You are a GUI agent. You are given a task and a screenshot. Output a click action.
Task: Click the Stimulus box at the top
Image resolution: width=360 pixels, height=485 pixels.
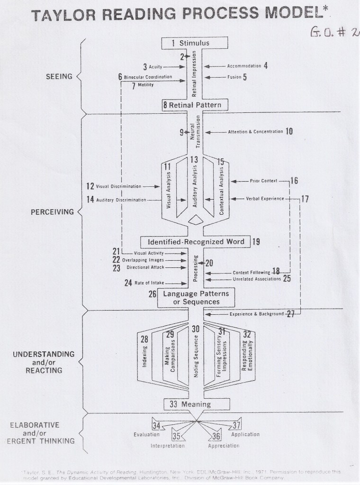(192, 43)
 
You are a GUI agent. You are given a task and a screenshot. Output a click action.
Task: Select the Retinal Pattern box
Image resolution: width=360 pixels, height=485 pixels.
(192, 105)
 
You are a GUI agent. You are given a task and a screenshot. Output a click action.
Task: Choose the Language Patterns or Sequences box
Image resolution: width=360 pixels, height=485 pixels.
(191, 298)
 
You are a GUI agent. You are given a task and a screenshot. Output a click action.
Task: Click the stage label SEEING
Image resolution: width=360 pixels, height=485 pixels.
(59, 76)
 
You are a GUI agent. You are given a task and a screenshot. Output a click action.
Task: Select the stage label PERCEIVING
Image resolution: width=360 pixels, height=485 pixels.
(53, 212)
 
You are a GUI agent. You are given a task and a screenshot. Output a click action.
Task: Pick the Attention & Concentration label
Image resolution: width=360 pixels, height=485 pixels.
(255, 131)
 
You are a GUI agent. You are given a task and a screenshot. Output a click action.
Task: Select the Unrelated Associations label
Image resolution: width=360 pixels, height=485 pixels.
(256, 279)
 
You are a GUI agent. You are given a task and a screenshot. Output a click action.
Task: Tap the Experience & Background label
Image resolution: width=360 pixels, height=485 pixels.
(256, 314)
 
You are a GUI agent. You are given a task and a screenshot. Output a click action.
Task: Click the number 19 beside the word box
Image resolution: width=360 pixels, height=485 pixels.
(256, 242)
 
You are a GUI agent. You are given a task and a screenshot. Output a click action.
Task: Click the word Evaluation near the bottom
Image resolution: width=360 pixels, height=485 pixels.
(146, 434)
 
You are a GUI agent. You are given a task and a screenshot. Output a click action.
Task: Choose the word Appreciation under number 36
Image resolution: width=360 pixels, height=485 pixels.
(224, 446)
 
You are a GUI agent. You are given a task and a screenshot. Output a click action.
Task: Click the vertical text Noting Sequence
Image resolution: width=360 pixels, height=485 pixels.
(196, 357)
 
